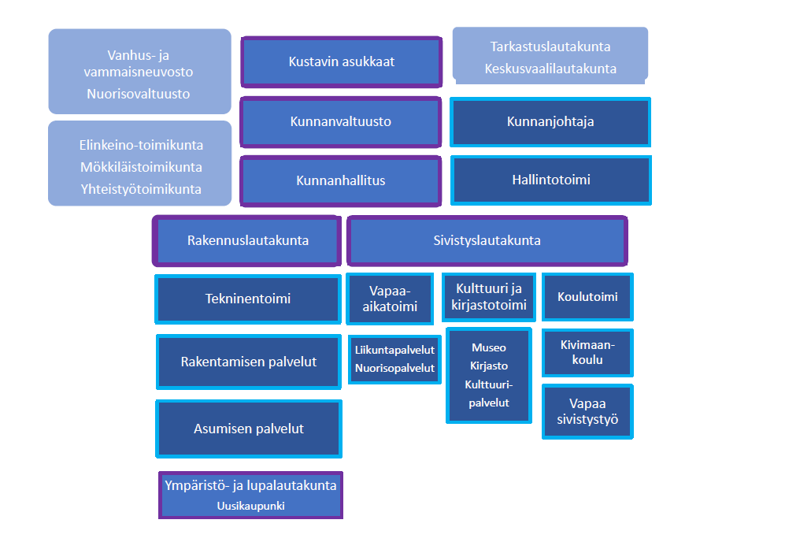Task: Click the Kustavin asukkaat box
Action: click(x=341, y=61)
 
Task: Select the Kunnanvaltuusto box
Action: click(x=341, y=122)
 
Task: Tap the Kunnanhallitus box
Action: click(x=341, y=180)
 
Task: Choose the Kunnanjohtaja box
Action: click(x=550, y=122)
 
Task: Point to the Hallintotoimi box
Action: click(x=550, y=180)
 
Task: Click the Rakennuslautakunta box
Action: click(x=247, y=240)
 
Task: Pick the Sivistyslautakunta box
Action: click(x=487, y=240)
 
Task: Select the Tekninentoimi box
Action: click(x=248, y=299)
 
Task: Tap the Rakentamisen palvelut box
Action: click(x=248, y=362)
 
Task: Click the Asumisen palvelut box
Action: click(x=248, y=429)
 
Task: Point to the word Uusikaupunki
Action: click(x=250, y=506)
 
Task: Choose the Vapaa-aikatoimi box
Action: click(x=390, y=299)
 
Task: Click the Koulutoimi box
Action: click(x=587, y=297)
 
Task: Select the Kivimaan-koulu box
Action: click(x=587, y=352)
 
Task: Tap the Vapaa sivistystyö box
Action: click(x=587, y=411)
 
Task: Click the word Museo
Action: click(x=488, y=347)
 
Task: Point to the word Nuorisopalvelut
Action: click(x=394, y=368)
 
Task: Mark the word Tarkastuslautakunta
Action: click(x=550, y=46)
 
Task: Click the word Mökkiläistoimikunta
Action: click(x=140, y=167)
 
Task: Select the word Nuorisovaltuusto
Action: click(x=139, y=94)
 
